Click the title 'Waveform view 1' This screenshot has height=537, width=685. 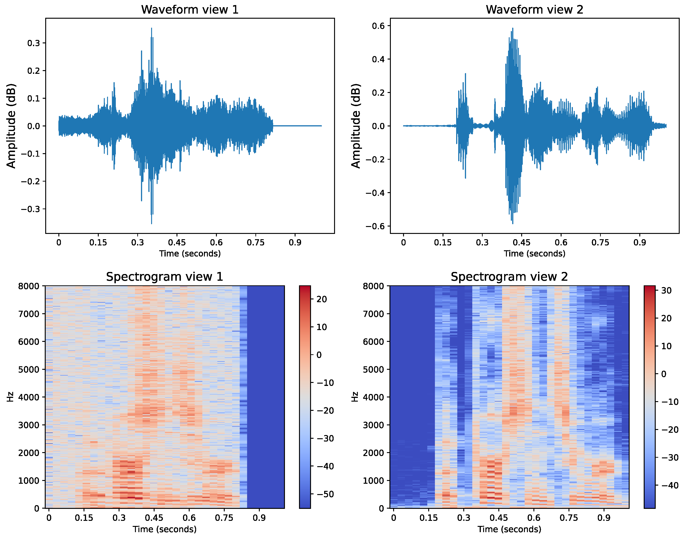190,9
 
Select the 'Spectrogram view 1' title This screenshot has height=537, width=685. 165,277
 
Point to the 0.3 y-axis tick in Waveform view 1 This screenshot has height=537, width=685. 34,43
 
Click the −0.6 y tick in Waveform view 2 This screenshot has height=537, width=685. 375,226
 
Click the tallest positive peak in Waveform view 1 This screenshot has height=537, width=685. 152,28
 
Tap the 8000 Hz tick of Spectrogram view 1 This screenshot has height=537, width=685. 29,286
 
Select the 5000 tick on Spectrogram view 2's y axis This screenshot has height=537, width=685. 373,370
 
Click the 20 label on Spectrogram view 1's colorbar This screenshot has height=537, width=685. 322,299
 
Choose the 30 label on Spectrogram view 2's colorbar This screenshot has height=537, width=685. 667,290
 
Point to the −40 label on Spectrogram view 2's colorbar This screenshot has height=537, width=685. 669,485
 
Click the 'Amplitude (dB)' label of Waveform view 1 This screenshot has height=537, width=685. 11,126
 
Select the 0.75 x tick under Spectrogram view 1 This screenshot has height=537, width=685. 224,518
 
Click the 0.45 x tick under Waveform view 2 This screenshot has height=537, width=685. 521,242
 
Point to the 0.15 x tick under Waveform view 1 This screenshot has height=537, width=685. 98,242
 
